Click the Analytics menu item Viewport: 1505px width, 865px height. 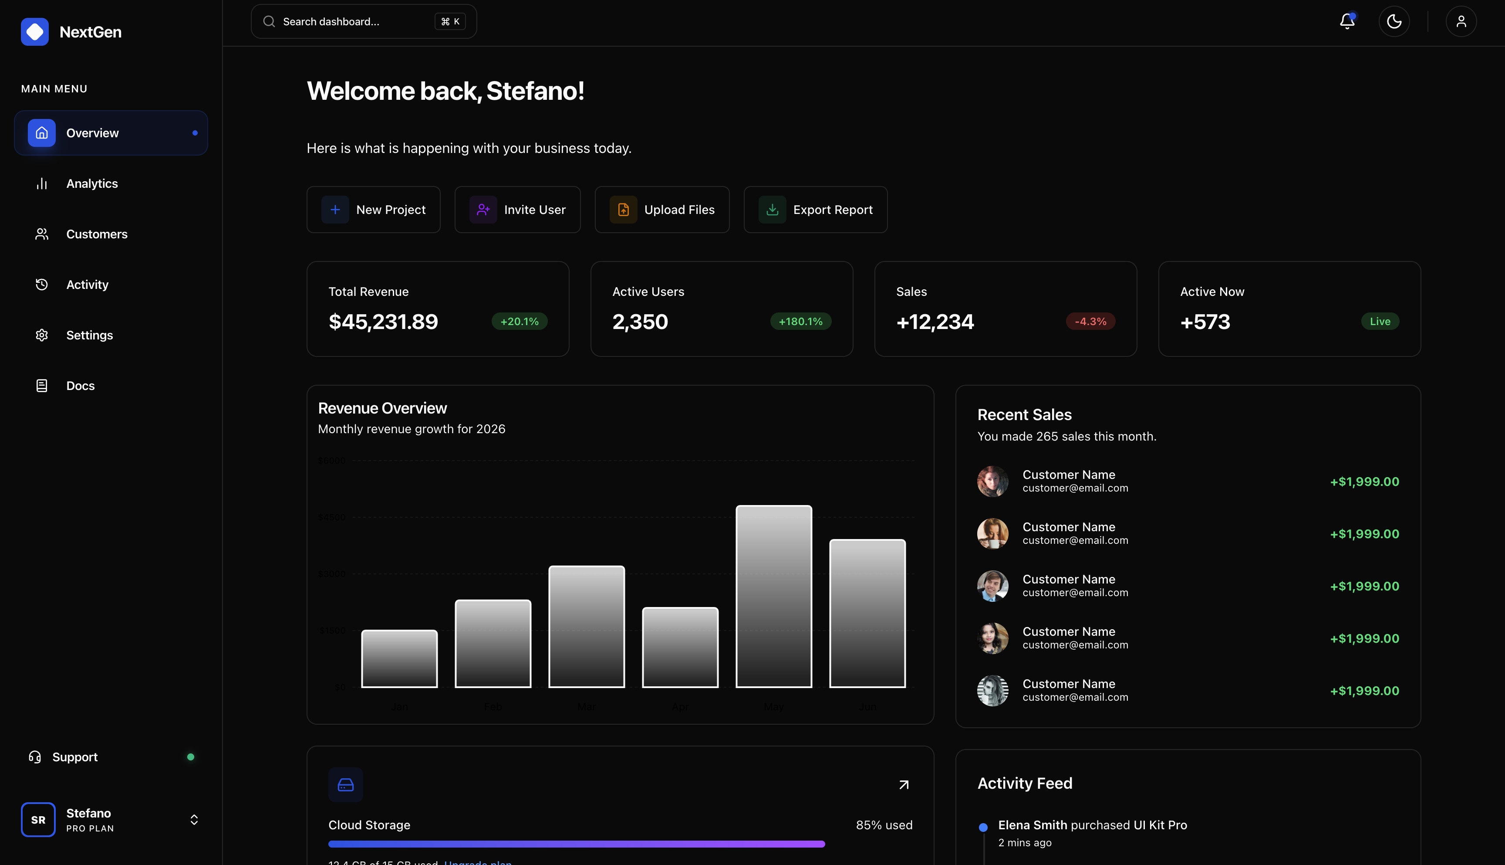click(91, 183)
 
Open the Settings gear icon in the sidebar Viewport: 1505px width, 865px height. click(41, 335)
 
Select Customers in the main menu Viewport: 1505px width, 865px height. click(96, 234)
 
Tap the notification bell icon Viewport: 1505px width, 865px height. click(1347, 22)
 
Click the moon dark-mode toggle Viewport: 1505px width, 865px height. click(1394, 22)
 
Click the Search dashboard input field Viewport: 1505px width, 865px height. click(356, 22)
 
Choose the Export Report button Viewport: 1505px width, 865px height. click(815, 210)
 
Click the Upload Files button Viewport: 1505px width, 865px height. click(661, 210)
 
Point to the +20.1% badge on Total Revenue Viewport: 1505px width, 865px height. click(519, 322)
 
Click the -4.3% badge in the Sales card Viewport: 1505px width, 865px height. click(1090, 322)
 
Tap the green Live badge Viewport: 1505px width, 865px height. click(1380, 322)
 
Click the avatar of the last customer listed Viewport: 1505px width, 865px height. click(992, 690)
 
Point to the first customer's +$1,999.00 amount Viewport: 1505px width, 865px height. click(1364, 482)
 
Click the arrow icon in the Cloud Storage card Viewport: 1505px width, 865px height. click(904, 785)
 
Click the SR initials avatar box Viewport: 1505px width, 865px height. click(38, 819)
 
